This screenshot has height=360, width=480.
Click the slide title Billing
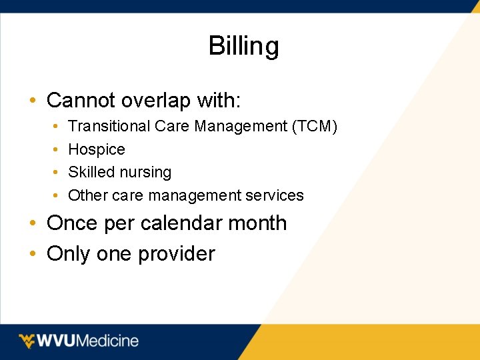(x=243, y=47)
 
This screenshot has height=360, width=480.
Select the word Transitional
(x=109, y=126)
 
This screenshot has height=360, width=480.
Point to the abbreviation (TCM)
(x=314, y=126)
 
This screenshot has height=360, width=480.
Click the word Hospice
(x=97, y=149)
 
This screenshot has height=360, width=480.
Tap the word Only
(x=69, y=254)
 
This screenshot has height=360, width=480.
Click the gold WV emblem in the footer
(x=27, y=341)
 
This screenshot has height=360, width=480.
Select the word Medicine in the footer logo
(x=107, y=341)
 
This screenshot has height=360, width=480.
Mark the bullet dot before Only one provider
(x=32, y=254)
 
